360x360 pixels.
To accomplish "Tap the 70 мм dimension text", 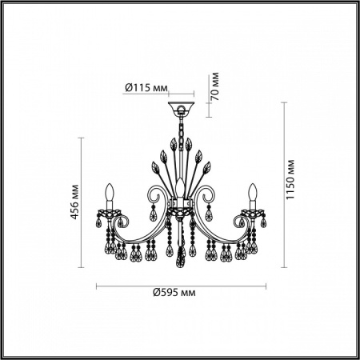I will click(x=215, y=83).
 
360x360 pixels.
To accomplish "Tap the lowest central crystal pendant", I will click(x=182, y=254).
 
